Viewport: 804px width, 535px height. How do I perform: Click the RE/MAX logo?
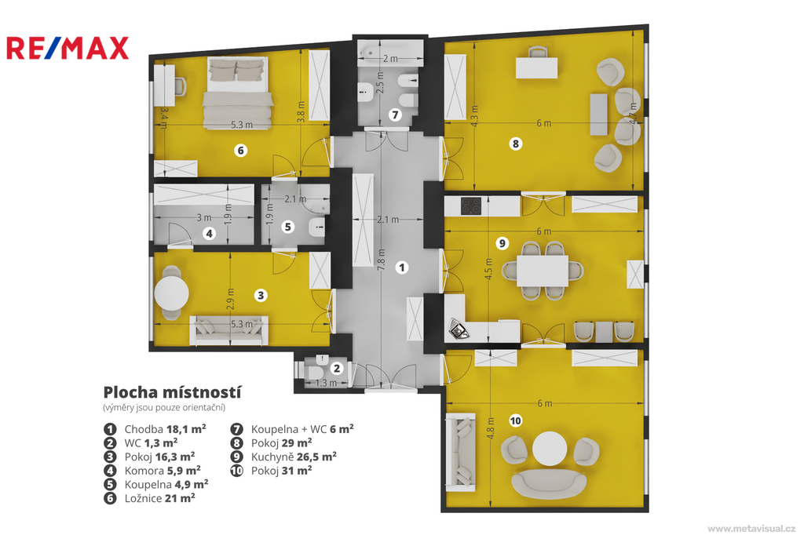68,48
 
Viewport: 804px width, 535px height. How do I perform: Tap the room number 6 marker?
240,150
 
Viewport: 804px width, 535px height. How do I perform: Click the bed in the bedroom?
237,93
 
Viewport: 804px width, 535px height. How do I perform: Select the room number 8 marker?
516,144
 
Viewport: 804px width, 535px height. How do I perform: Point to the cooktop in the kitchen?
471,206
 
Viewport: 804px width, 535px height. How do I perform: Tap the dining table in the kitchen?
543,271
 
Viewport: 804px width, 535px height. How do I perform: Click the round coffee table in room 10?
550,449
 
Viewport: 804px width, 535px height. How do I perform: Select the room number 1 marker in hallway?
402,267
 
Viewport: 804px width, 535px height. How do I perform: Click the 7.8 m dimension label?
381,260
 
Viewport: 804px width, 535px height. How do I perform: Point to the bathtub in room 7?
390,53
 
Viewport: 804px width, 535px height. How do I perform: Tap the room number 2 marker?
337,368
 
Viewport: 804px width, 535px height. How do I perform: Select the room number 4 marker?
209,234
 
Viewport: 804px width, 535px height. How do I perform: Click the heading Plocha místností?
172,392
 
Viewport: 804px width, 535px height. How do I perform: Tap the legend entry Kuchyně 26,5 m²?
294,457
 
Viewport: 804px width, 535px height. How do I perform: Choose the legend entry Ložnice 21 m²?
159,498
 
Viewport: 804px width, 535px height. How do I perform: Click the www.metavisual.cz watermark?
751,529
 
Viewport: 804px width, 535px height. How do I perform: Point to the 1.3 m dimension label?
326,383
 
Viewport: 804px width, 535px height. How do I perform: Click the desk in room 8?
536,68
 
